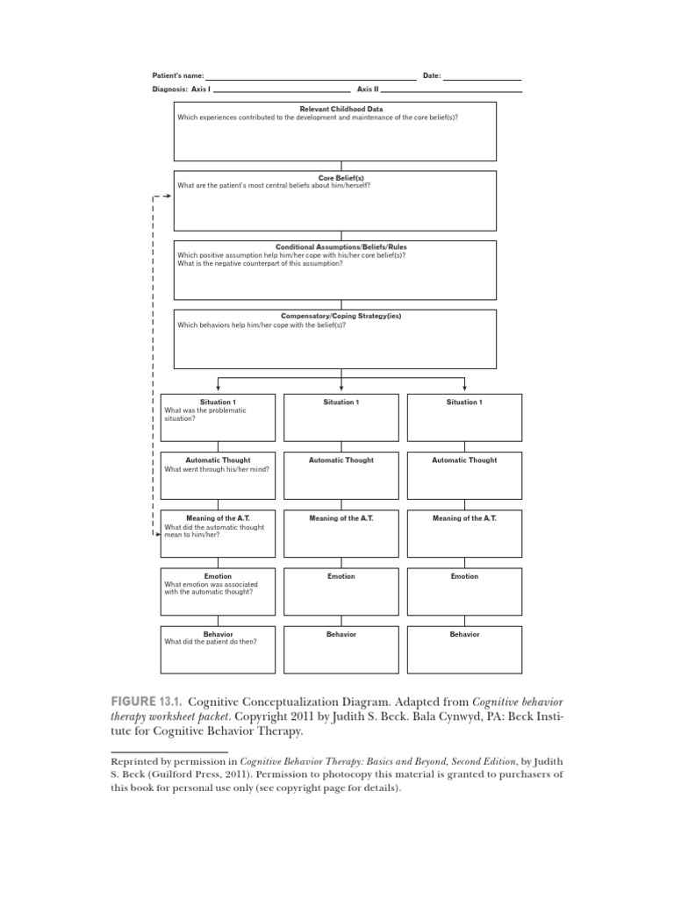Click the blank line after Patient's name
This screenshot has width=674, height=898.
311,78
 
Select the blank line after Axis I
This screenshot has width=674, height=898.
282,91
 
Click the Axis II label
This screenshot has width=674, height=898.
367,89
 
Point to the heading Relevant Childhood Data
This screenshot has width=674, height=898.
334,109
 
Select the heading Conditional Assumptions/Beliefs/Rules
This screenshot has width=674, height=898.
341,247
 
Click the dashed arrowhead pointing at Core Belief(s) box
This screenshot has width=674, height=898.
167,196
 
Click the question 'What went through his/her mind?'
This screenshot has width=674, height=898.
217,469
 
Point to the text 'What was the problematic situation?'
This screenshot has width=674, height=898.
205,415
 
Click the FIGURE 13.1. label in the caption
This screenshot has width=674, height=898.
146,703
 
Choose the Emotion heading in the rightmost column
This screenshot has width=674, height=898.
464,576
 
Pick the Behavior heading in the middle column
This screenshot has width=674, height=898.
341,634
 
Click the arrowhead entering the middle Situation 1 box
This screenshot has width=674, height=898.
341,388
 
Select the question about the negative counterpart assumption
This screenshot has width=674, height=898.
260,263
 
